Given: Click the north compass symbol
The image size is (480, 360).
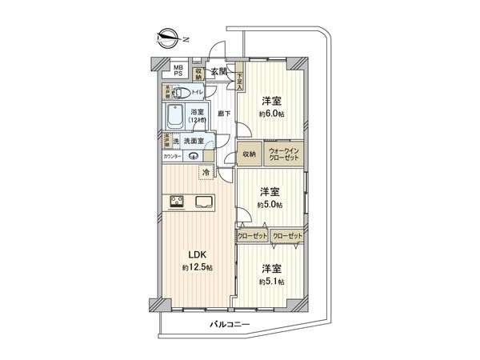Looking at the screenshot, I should (167, 37).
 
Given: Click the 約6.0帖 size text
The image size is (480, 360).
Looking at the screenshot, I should (271, 114).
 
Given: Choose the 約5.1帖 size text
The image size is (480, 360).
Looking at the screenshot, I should (271, 282).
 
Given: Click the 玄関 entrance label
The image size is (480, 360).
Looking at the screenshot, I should (219, 73).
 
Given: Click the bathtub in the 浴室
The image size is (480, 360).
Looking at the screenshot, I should (177, 118).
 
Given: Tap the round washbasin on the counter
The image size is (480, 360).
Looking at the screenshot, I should (193, 157).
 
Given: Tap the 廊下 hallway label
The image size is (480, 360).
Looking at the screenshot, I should (224, 114).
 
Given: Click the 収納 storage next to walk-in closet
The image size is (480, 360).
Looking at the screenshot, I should (249, 154).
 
